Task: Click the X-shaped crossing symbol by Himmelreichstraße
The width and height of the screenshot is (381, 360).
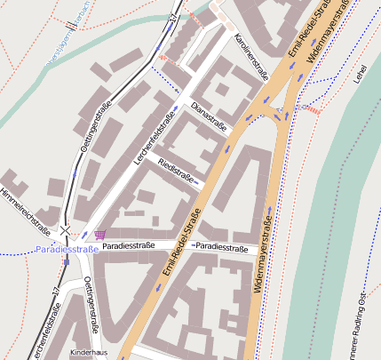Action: pos(66,230)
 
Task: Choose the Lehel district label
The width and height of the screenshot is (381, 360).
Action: pos(359,76)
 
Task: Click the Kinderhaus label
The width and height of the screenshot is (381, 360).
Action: pos(89,352)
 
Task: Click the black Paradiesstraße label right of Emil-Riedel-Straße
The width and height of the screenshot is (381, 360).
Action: pos(222,246)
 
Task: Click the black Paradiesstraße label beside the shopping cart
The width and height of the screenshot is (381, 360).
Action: pos(129,245)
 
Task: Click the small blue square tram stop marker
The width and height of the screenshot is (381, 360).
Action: pos(66,261)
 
